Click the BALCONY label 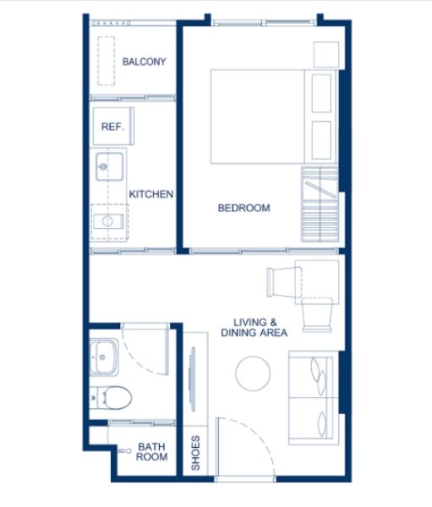coord(144,62)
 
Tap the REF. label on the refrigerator coord(112,127)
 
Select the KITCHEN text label coord(151,194)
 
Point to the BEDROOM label coord(243,208)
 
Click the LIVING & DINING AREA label coord(261,327)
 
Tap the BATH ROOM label coord(152,451)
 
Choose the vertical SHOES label coord(195,452)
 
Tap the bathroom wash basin coord(106,357)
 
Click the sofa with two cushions coord(314,397)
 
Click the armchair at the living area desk coord(281,280)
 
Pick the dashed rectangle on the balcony coord(106,61)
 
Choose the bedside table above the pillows coord(325,54)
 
